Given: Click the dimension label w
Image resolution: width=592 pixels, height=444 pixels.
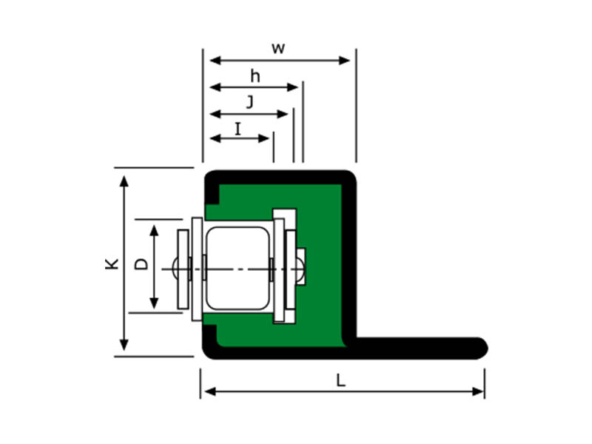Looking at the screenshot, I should point(278,49).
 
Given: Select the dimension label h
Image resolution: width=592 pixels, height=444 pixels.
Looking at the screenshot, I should point(255,76).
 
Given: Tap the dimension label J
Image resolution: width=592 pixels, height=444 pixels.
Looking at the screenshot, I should point(249,103).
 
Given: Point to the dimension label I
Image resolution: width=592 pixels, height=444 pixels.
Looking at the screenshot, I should point(238,129).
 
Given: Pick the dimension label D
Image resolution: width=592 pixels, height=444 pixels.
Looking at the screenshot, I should point(142,263).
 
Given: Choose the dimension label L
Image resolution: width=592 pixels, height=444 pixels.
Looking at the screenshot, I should point(340,380).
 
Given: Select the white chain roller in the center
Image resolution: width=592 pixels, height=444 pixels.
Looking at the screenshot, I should point(237,267).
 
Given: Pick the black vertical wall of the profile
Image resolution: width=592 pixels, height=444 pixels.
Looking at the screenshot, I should point(350,259).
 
